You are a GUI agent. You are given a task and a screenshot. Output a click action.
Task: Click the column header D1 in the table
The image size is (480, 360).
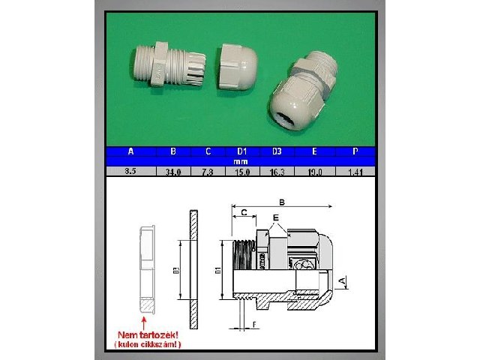tap(241, 151)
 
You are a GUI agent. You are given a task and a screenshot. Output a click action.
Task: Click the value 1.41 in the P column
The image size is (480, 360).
tap(355, 172)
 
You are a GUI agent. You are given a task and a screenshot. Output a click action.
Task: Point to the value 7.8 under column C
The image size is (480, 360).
tap(208, 172)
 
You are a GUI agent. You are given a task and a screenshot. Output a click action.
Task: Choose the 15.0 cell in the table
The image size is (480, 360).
tap(241, 172)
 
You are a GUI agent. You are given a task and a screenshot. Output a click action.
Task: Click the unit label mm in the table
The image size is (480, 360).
tap(241, 161)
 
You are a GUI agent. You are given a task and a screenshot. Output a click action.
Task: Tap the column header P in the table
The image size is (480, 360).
tap(355, 151)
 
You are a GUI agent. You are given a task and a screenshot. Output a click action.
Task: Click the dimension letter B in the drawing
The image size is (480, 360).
tap(282, 201)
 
